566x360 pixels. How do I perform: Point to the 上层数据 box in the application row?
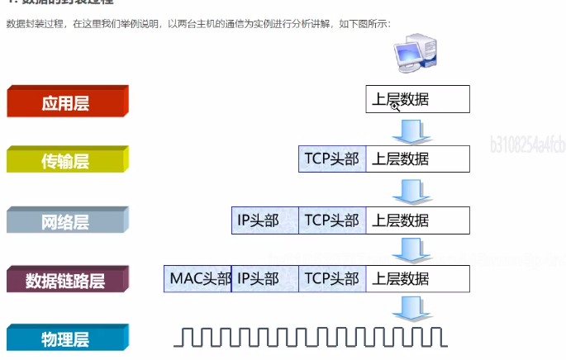[417, 101]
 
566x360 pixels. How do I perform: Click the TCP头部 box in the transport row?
[332, 159]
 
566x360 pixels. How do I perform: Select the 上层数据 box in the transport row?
[417, 159]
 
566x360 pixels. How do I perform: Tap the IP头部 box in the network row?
[264, 220]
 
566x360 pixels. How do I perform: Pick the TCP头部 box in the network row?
[332, 220]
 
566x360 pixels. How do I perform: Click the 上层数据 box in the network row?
[417, 220]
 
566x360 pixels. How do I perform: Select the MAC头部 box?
[198, 279]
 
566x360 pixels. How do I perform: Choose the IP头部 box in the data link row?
[264, 279]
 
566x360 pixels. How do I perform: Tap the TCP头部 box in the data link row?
[332, 279]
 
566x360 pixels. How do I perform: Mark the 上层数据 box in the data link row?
[417, 279]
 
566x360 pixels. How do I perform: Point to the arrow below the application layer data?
[408, 130]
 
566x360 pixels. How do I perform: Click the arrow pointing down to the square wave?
[408, 308]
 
